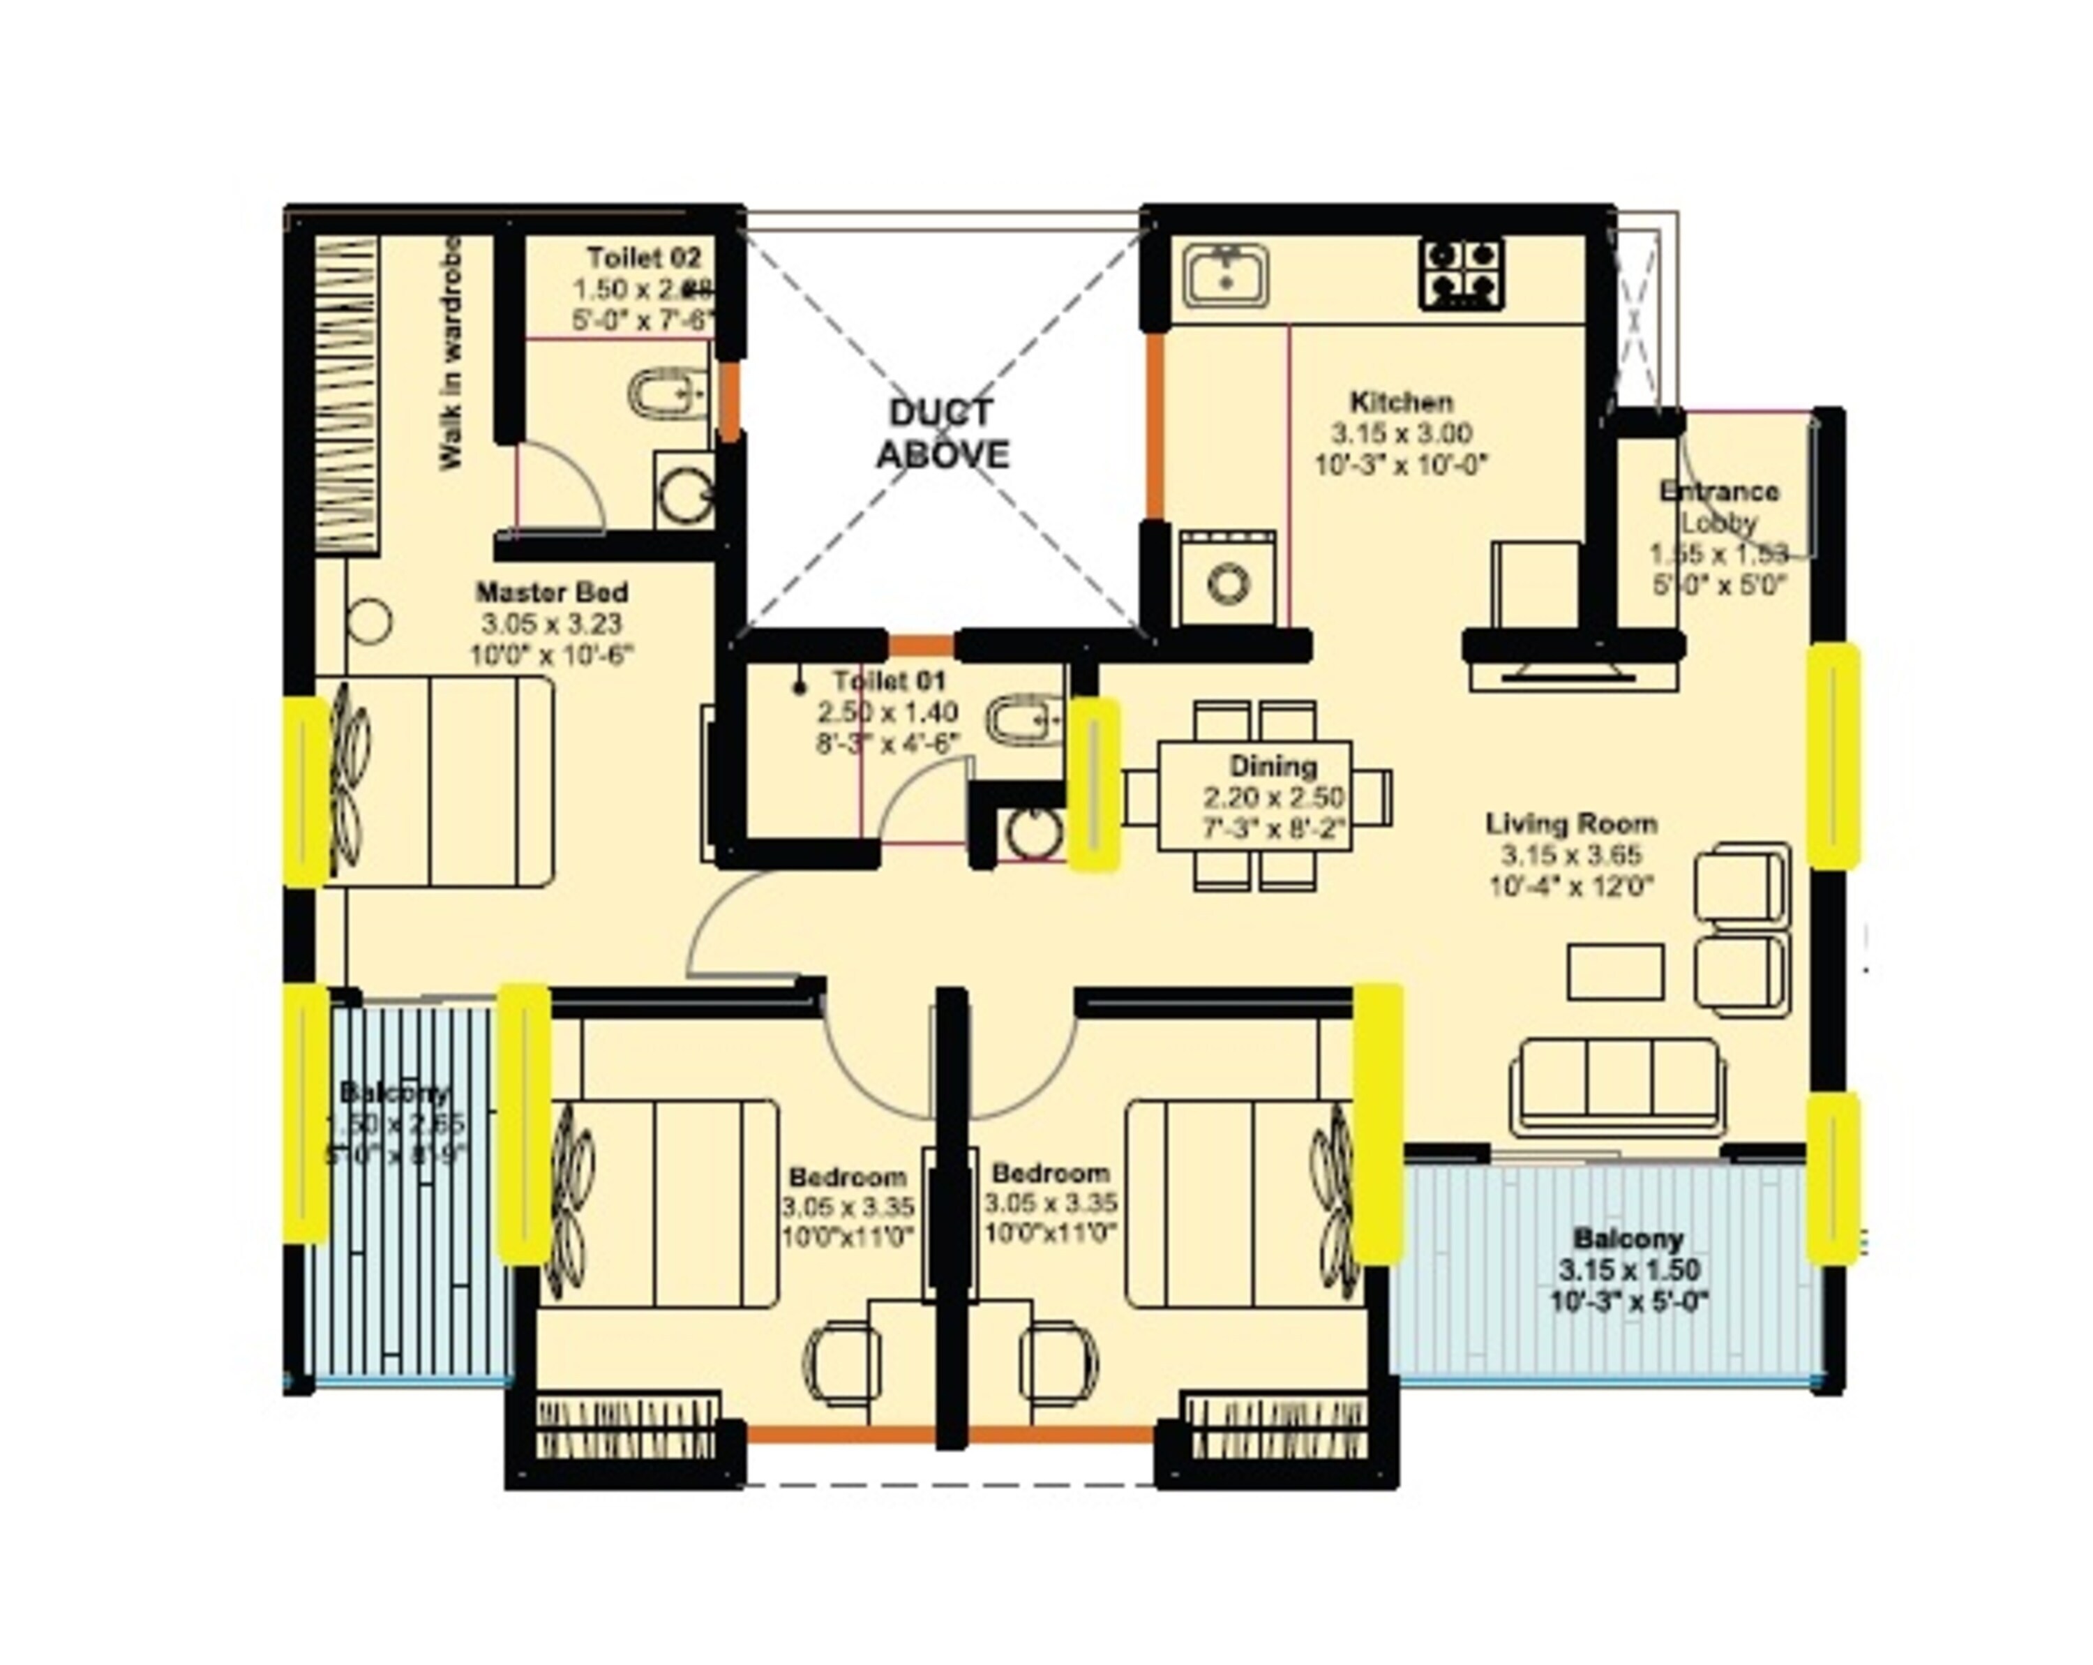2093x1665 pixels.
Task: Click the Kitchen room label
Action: click(x=1401, y=402)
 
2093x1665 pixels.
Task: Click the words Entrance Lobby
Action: click(x=1718, y=507)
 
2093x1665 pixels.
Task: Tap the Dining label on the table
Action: click(x=1273, y=766)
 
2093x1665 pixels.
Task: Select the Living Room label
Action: click(x=1570, y=824)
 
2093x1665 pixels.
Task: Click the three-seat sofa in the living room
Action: click(x=1619, y=1084)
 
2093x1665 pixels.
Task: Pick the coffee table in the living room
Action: click(x=1615, y=971)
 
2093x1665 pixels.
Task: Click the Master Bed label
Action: click(x=551, y=592)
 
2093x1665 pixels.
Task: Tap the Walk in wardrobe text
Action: click(x=451, y=354)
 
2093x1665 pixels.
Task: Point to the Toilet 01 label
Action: click(x=888, y=680)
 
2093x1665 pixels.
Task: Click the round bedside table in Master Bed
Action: click(x=370, y=621)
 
